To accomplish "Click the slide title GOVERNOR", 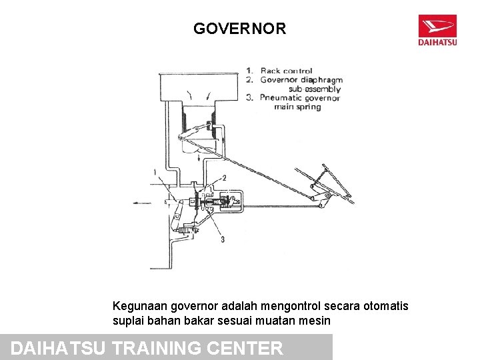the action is pos(239,29).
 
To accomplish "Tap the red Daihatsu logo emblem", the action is pos(437,27).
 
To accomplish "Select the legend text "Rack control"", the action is pos(286,71).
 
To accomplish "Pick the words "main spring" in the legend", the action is pos(297,107).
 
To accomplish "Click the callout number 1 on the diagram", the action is pos(155,172).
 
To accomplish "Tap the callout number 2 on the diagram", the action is pos(224,178).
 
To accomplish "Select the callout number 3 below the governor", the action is pos(222,239).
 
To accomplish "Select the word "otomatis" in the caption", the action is pos(387,306).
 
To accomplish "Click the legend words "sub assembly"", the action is pos(315,89).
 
